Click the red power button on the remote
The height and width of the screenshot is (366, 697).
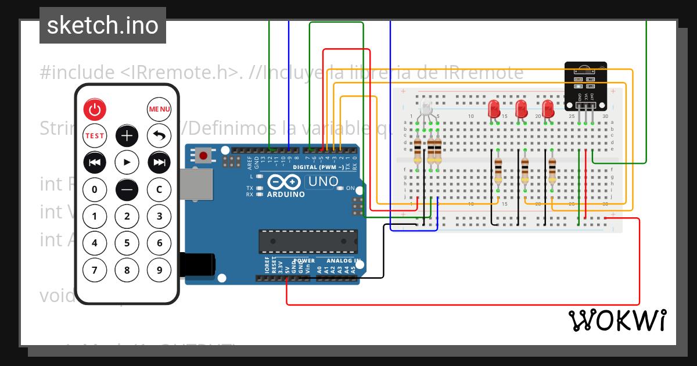click(x=95, y=109)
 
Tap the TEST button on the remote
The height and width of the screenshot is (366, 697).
click(x=95, y=135)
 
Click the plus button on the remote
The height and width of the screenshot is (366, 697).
click(x=127, y=135)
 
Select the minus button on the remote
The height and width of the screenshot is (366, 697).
click(x=127, y=189)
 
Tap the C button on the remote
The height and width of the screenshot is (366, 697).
click(x=159, y=189)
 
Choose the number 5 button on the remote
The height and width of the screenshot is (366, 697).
click(x=127, y=243)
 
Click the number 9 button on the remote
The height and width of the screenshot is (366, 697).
click(x=159, y=270)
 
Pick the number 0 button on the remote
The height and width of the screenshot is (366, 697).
click(x=95, y=189)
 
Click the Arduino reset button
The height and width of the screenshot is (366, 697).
click(x=203, y=155)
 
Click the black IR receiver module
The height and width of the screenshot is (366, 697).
click(x=587, y=86)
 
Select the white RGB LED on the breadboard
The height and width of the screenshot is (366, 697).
click(x=426, y=108)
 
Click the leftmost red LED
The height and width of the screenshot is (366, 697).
click(x=494, y=109)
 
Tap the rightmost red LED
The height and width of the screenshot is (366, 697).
click(x=548, y=109)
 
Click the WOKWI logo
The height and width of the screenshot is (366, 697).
click(x=617, y=320)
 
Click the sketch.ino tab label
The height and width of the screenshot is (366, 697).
click(x=103, y=26)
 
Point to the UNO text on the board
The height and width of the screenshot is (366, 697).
click(x=322, y=181)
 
